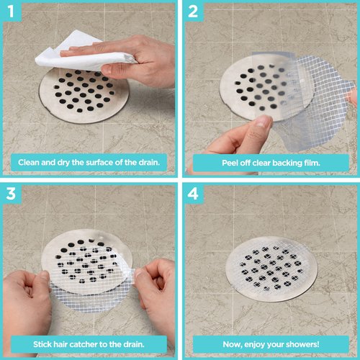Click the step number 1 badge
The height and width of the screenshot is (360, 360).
(x=12, y=12)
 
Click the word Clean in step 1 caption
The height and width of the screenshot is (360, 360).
(x=30, y=162)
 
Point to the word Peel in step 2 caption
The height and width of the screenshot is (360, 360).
(x=224, y=162)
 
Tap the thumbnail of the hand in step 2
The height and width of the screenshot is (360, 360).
(x=264, y=123)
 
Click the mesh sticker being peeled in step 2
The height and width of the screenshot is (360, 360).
(x=317, y=94)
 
